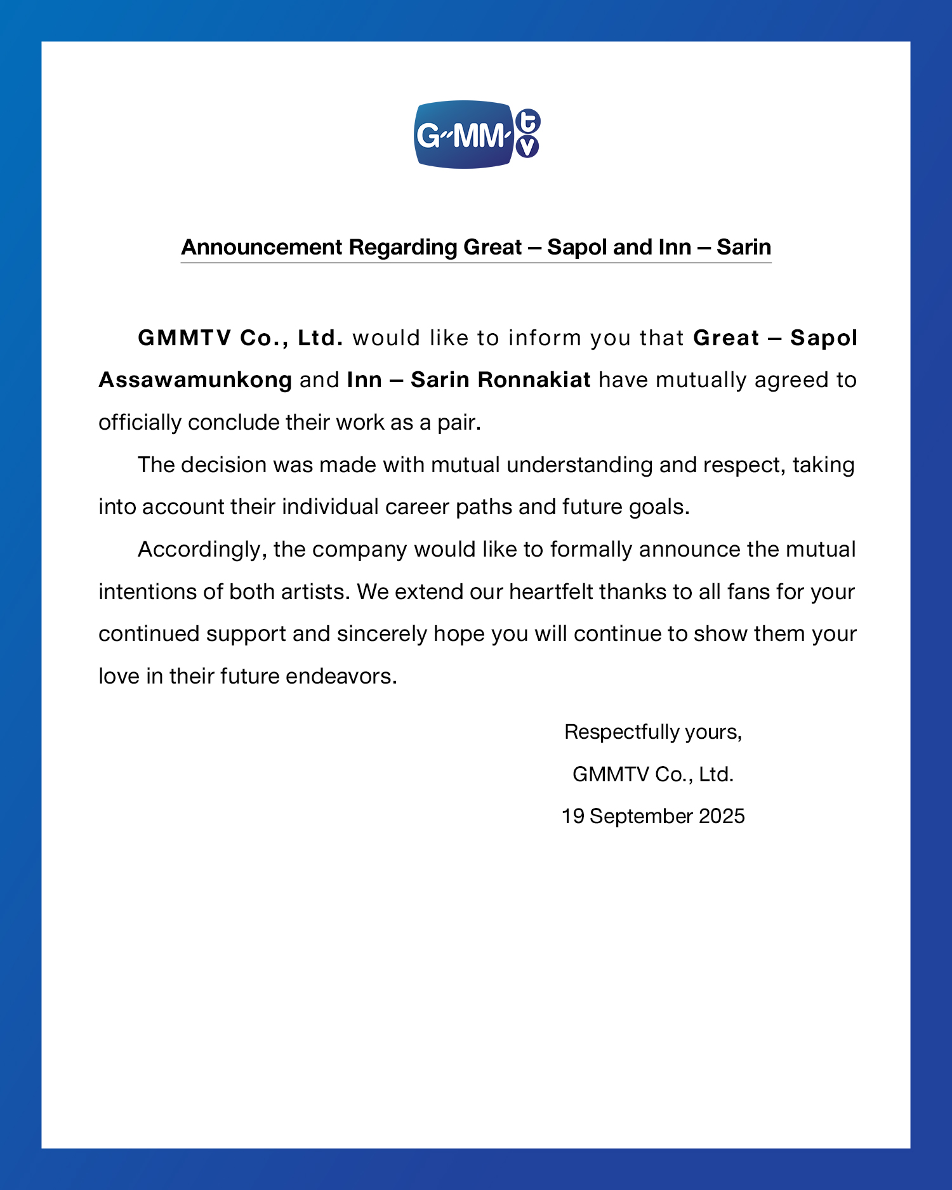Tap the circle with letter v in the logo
click(x=527, y=147)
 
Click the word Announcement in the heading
click(x=261, y=247)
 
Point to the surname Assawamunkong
click(x=195, y=380)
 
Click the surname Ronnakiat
click(x=534, y=380)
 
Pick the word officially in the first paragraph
click(x=140, y=423)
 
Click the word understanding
click(x=579, y=465)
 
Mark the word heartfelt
click(x=551, y=592)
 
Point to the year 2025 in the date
click(x=722, y=816)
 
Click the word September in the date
click(x=641, y=816)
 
